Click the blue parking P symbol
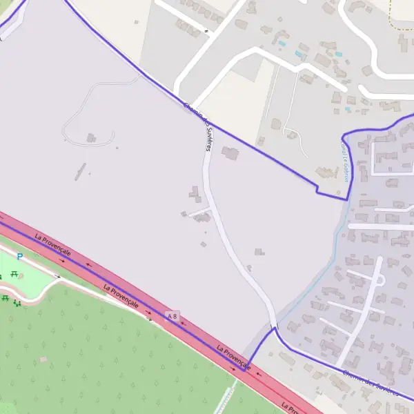(x=20, y=257)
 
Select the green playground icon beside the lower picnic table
(x=17, y=302)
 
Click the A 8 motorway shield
(x=172, y=316)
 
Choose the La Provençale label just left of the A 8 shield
(x=121, y=296)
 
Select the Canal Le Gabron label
(x=345, y=158)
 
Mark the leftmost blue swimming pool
(x=282, y=43)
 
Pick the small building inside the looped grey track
(x=91, y=138)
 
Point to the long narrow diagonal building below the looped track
(x=81, y=170)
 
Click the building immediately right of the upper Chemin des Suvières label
(x=230, y=153)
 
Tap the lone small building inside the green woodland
(x=43, y=359)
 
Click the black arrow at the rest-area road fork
(x=58, y=276)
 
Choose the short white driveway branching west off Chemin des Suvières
(x=198, y=210)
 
